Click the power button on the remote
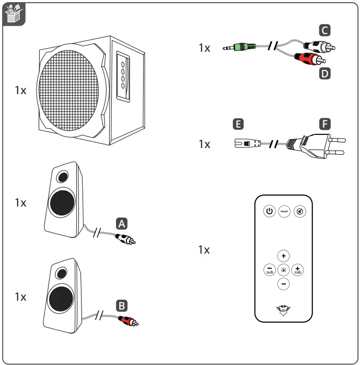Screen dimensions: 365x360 point(269,211)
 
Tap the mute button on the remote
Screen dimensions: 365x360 point(300,211)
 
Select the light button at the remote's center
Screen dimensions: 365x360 point(283,270)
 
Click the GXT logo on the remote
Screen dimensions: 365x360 point(283,311)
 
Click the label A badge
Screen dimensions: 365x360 point(121,224)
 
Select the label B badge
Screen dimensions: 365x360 point(121,305)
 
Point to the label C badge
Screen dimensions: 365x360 point(325,30)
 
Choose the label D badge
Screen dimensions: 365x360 point(325,74)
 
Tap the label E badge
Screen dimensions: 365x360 point(238,124)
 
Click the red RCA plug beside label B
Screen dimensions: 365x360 point(128,320)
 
